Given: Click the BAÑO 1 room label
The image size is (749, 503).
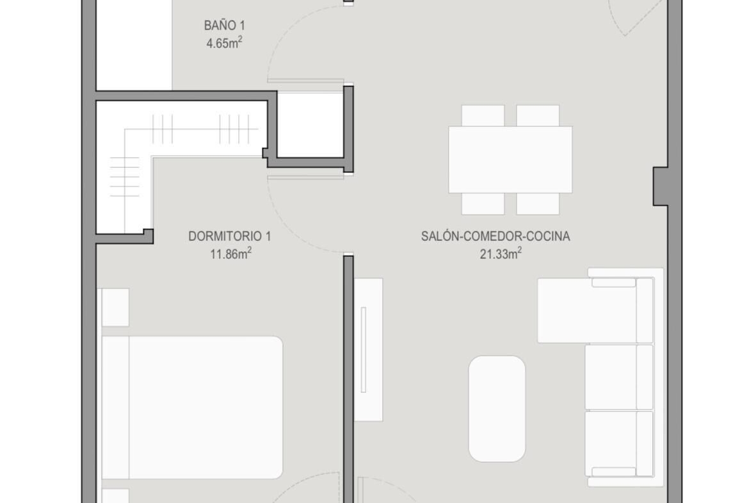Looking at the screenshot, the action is click(x=224, y=26).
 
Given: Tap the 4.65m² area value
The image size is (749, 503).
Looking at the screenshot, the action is click(x=224, y=43).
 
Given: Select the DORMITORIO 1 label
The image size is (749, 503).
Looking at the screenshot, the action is click(x=230, y=236).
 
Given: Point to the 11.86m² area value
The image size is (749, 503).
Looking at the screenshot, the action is click(x=230, y=253).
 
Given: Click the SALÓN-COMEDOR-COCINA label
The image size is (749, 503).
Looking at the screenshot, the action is click(x=495, y=236).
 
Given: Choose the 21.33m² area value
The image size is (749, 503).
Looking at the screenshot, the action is click(x=501, y=253).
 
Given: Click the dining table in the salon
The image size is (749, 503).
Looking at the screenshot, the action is click(x=510, y=160).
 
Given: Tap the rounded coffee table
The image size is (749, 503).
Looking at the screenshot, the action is click(x=497, y=409).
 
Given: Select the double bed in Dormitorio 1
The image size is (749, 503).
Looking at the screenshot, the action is click(x=192, y=408).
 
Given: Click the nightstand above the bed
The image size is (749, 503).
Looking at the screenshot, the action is click(x=115, y=308).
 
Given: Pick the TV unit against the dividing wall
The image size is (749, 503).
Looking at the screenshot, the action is click(x=368, y=349).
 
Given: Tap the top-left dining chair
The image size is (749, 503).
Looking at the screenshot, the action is click(x=483, y=116).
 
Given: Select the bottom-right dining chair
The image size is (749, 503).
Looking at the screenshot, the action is click(x=538, y=204).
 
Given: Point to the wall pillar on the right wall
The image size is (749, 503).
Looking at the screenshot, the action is click(x=661, y=186).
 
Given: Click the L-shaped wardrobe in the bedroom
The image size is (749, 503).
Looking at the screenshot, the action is click(x=138, y=144).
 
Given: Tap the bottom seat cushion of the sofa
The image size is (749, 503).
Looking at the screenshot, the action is click(x=619, y=443).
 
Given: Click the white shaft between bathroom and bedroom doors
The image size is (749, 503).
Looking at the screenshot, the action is click(x=310, y=124).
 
